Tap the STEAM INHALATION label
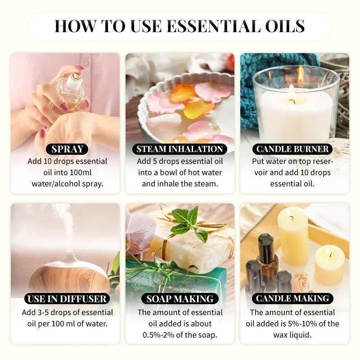(x=180, y=149)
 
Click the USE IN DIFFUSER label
(x=67, y=298)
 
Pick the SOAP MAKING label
(x=180, y=298)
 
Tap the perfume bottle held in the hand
(x=72, y=90)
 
